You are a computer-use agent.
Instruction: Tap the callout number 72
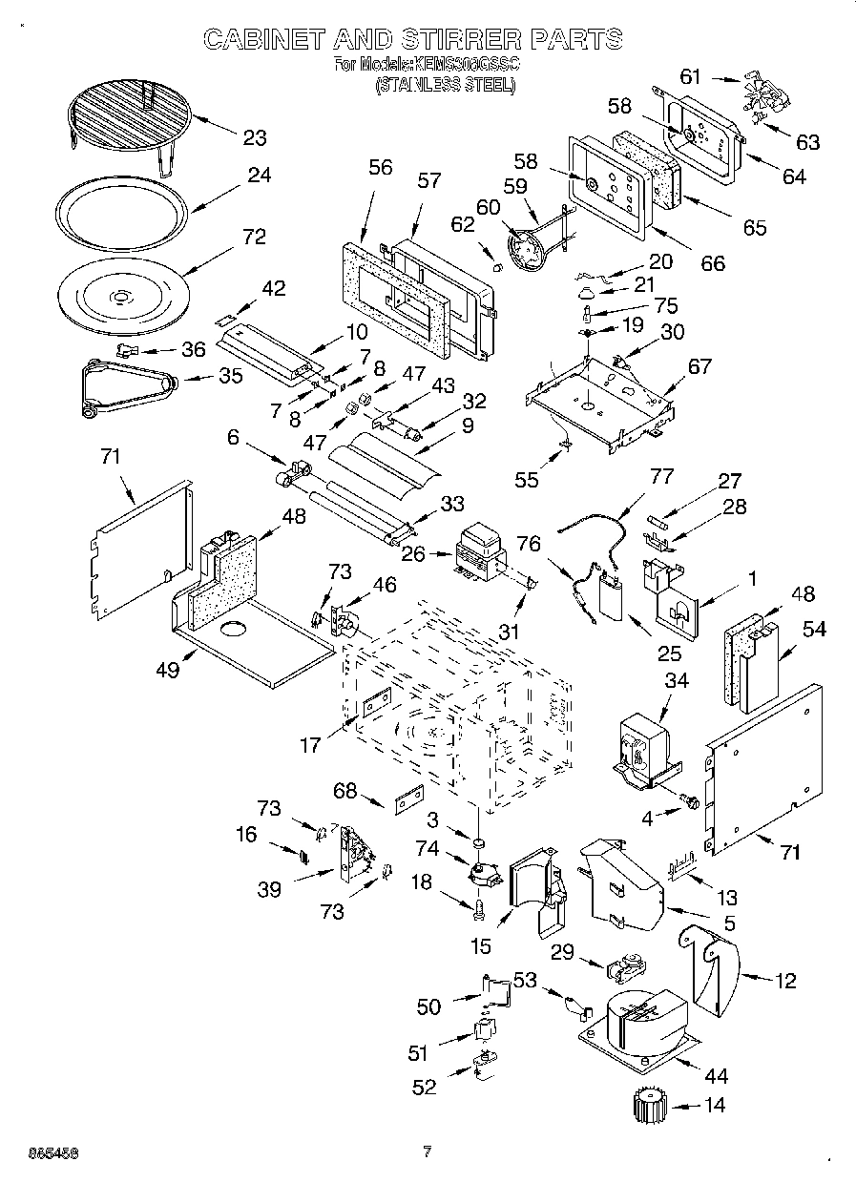click(254, 236)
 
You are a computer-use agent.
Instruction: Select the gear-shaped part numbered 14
click(651, 1109)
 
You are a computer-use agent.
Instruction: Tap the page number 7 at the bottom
click(428, 1151)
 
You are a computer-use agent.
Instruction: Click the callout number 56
click(380, 166)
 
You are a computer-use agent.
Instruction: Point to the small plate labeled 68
click(409, 797)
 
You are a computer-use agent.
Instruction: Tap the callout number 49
click(168, 670)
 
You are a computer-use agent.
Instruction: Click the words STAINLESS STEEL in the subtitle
click(445, 84)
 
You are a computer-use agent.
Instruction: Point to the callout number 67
click(700, 366)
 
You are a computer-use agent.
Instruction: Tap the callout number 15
click(481, 945)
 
